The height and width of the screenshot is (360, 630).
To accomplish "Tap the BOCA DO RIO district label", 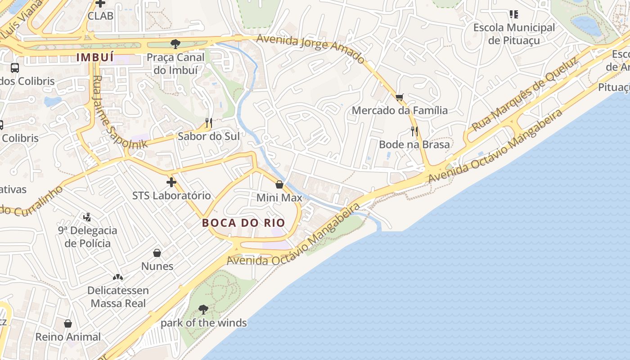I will (243, 223).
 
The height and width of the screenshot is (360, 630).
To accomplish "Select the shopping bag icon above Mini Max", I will (279, 184).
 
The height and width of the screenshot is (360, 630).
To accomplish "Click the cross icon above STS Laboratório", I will (171, 182).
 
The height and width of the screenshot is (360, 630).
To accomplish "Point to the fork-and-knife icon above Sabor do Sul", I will (208, 122).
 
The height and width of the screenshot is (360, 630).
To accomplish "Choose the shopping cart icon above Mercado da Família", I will (400, 97).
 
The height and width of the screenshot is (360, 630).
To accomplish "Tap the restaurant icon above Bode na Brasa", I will (414, 131).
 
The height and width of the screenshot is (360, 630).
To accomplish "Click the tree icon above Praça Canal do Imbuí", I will (175, 44).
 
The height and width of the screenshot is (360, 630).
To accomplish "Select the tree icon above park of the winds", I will (203, 309).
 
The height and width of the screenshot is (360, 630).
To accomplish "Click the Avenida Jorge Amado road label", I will (310, 49).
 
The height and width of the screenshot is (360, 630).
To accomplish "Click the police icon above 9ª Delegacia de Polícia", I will (87, 217).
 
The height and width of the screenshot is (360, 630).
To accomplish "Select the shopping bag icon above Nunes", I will (157, 253).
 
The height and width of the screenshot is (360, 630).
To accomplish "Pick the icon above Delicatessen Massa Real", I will (118, 277).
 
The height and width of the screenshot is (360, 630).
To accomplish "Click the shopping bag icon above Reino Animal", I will (68, 324).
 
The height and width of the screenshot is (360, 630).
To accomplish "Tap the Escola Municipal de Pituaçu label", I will (514, 34).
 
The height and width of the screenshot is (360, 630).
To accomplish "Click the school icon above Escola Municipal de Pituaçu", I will (514, 14).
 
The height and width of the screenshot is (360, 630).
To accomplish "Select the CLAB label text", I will (100, 16).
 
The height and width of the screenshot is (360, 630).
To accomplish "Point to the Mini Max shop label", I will (279, 198).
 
